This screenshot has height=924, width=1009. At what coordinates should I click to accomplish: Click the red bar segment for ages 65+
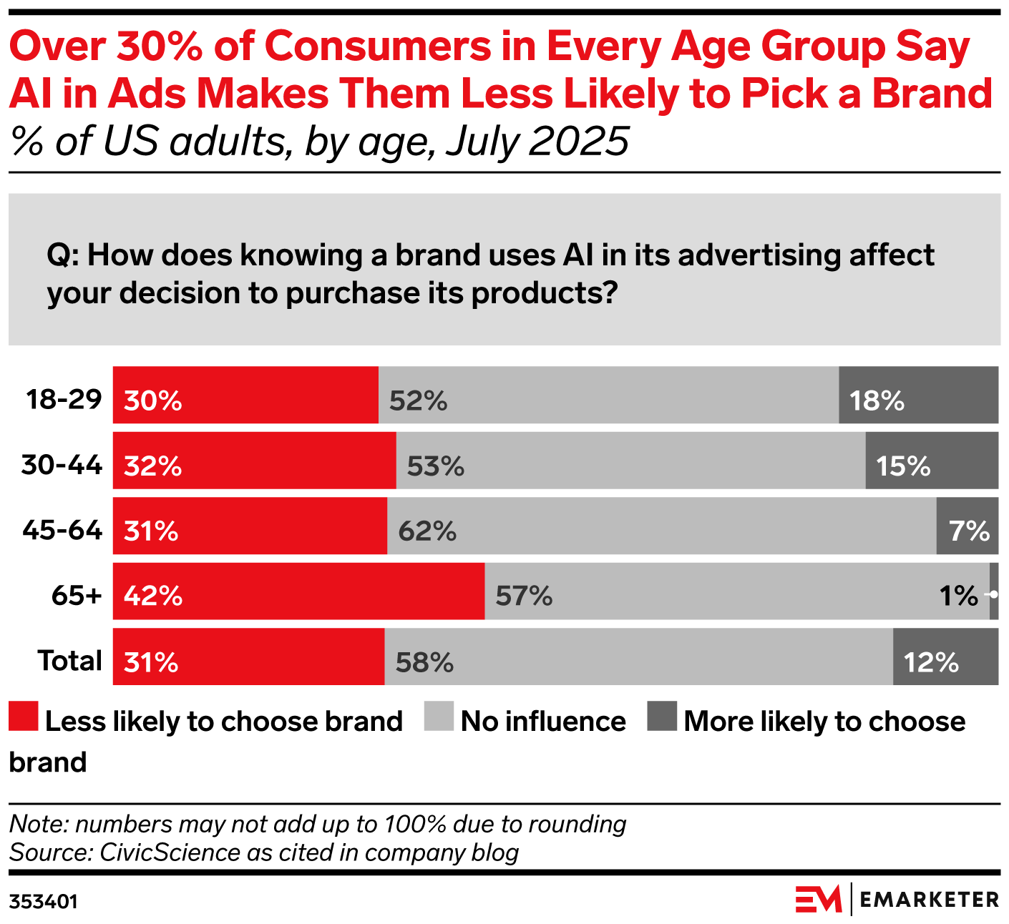pyautogui.click(x=298, y=591)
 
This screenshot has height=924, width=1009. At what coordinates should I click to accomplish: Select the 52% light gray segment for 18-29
pyautogui.click(x=608, y=395)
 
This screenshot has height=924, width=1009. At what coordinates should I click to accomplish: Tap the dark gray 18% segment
pyautogui.click(x=918, y=395)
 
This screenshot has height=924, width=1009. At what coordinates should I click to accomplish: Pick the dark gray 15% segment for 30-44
pyautogui.click(x=932, y=461)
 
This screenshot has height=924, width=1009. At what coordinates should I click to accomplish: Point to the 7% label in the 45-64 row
pyautogui.click(x=970, y=531)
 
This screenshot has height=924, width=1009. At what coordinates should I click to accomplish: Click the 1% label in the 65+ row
pyautogui.click(x=958, y=596)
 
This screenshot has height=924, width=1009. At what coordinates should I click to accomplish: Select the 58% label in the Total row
pyautogui.click(x=424, y=662)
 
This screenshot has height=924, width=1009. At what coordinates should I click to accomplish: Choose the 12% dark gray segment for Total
pyautogui.click(x=945, y=657)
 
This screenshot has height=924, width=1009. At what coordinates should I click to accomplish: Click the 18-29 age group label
pyautogui.click(x=64, y=399)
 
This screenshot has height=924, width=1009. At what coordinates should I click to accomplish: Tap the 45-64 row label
pyautogui.click(x=63, y=531)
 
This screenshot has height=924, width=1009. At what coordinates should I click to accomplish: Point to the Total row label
pyautogui.click(x=70, y=661)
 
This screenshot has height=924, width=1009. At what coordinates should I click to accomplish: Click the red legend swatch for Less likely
pyautogui.click(x=23, y=717)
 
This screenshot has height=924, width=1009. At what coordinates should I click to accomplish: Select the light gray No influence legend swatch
pyautogui.click(x=439, y=717)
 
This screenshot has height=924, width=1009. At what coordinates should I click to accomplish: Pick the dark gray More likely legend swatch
pyautogui.click(x=662, y=717)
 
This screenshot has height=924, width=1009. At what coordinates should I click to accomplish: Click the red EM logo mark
pyautogui.click(x=819, y=899)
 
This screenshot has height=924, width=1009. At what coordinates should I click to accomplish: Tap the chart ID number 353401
pyautogui.click(x=43, y=901)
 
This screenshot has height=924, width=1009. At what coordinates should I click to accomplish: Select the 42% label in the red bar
pyautogui.click(x=153, y=596)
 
